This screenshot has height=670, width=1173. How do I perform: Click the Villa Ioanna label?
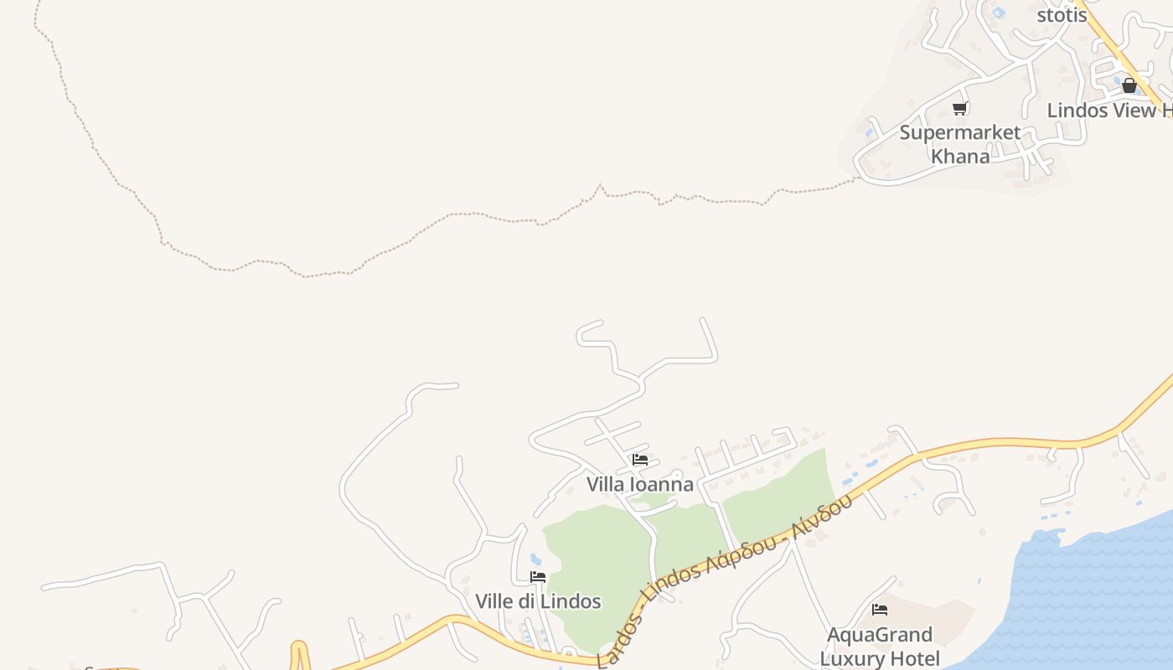639,484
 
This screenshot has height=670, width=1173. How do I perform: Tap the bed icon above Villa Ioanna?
640,460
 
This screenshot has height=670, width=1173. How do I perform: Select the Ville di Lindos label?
538,601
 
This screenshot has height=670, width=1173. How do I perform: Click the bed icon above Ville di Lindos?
538,577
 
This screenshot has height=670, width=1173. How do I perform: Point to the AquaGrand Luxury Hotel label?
880,646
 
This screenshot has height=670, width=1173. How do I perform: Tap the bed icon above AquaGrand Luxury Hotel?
880,610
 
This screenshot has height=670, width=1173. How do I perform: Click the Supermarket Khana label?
960,144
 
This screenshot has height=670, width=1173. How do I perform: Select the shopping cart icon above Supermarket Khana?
960,108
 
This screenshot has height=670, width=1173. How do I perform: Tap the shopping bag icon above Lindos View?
1129,85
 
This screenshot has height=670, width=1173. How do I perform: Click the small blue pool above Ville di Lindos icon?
535,559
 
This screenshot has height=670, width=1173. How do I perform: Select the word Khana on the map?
960,156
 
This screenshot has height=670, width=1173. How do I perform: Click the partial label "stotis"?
1062,15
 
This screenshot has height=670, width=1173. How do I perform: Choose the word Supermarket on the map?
960,132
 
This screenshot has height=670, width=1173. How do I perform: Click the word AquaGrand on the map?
880,634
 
